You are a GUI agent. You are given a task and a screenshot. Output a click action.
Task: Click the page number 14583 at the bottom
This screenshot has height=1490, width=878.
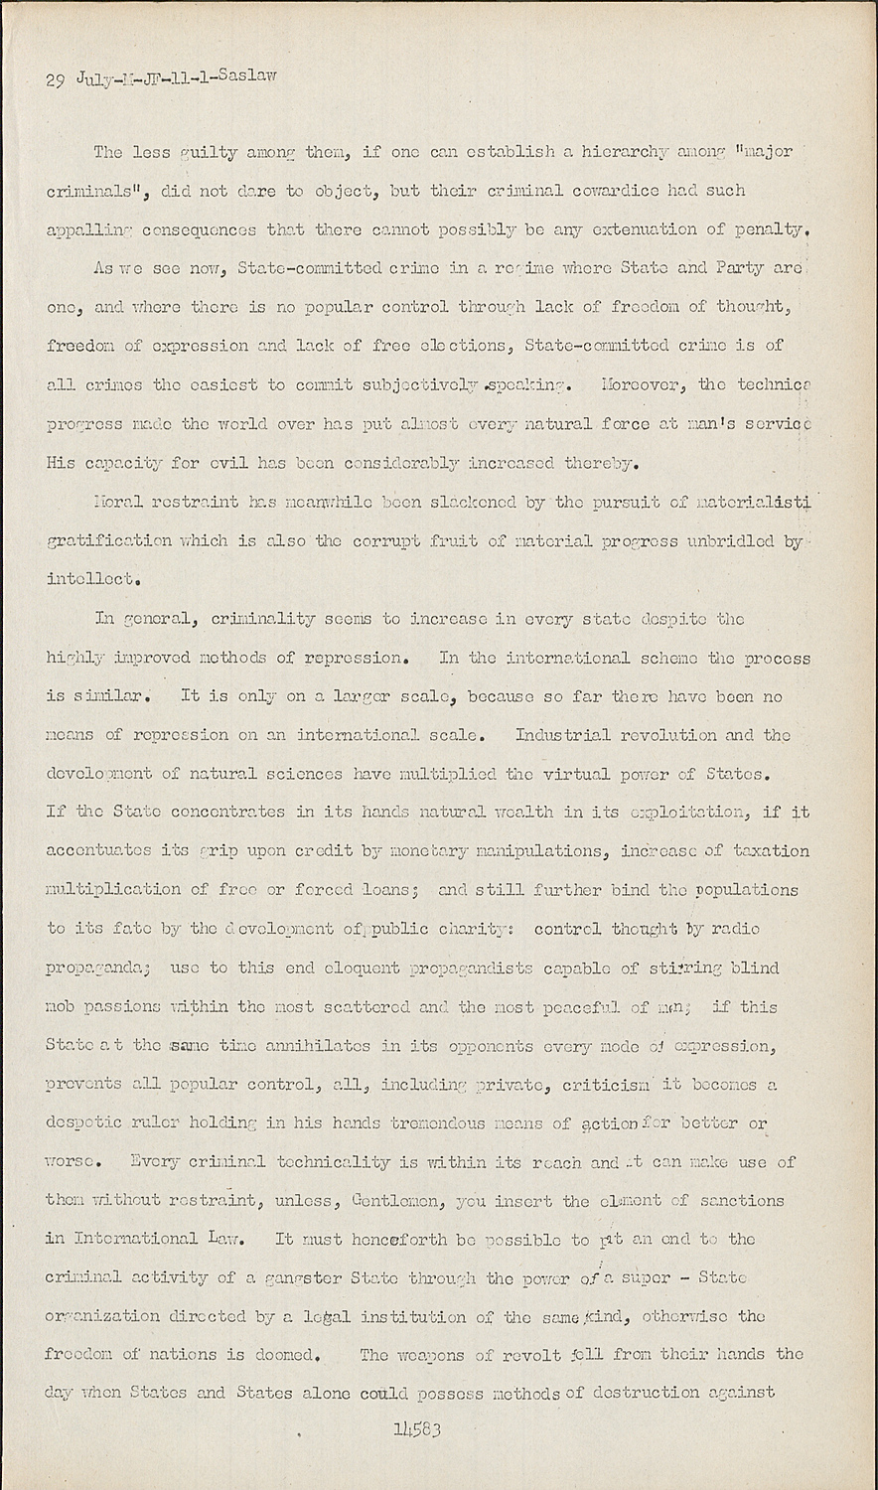(416, 1430)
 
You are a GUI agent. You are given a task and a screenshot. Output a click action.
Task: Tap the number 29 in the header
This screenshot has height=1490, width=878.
(55, 81)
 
